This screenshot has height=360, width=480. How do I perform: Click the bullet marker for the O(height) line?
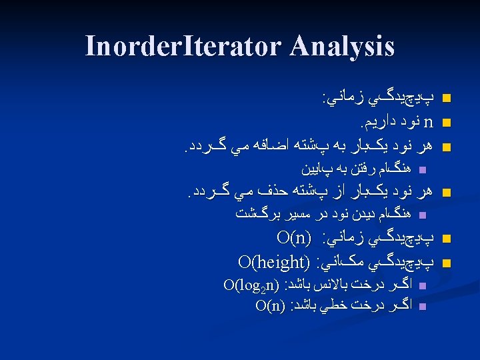447,261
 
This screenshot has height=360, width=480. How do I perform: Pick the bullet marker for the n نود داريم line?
447,123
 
